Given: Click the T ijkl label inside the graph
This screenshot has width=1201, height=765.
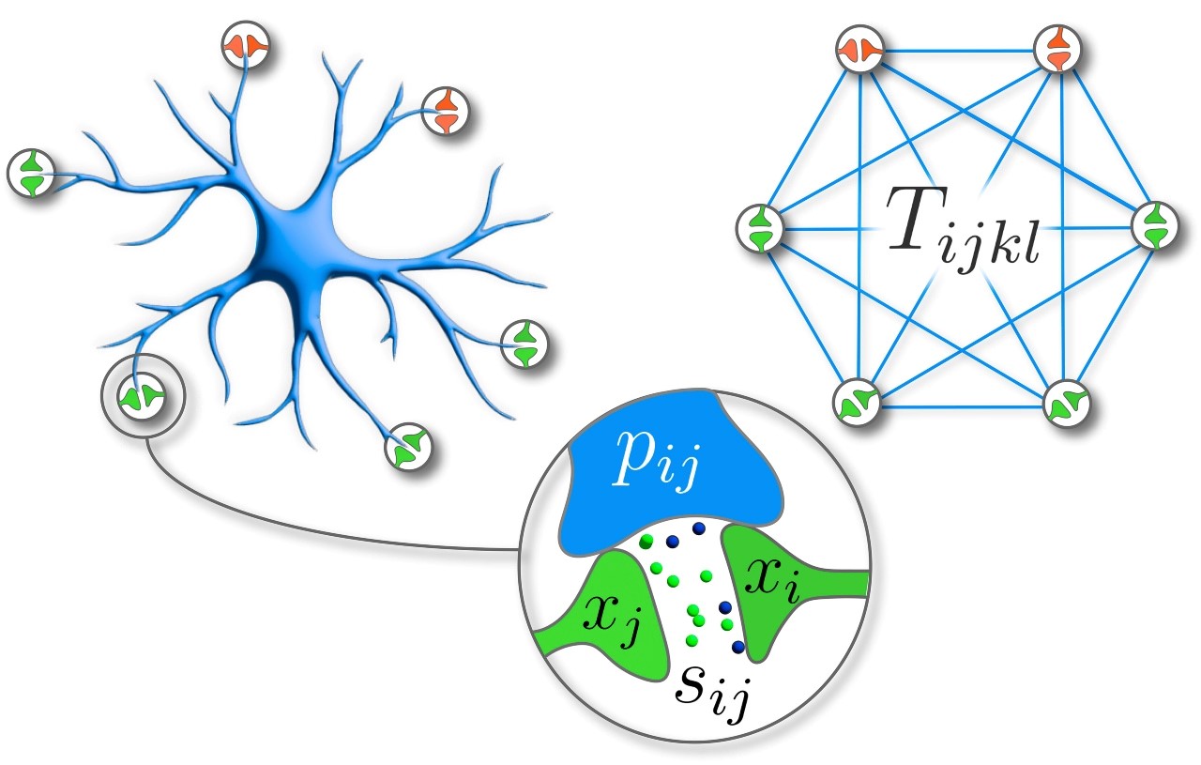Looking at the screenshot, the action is click(x=964, y=229).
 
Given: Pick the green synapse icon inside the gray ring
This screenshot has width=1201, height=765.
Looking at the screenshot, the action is click(x=142, y=396).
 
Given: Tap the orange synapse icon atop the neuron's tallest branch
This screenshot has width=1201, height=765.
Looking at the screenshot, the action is click(x=246, y=45).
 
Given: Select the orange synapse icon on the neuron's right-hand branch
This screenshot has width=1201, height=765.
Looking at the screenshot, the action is click(x=446, y=111).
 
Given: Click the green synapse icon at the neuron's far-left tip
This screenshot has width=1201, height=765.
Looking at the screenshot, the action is click(x=31, y=173).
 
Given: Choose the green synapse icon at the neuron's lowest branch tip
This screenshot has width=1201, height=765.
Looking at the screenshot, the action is click(x=408, y=447).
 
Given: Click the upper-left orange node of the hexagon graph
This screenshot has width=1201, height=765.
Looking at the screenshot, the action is click(x=860, y=49).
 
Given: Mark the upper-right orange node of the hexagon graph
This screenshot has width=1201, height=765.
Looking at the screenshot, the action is click(x=1057, y=49).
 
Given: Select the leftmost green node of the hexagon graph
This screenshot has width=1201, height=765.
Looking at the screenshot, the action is click(x=760, y=228).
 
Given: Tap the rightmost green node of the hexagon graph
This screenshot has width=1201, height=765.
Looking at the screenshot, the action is click(x=1155, y=225).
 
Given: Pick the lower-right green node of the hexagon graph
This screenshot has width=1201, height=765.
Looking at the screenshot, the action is click(x=1067, y=403).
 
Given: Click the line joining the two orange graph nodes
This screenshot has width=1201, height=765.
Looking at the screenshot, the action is click(x=959, y=51).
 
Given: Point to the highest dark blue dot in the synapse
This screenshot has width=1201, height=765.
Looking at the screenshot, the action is click(x=698, y=528).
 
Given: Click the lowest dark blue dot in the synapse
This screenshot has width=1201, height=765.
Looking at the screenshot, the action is click(x=738, y=647).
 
